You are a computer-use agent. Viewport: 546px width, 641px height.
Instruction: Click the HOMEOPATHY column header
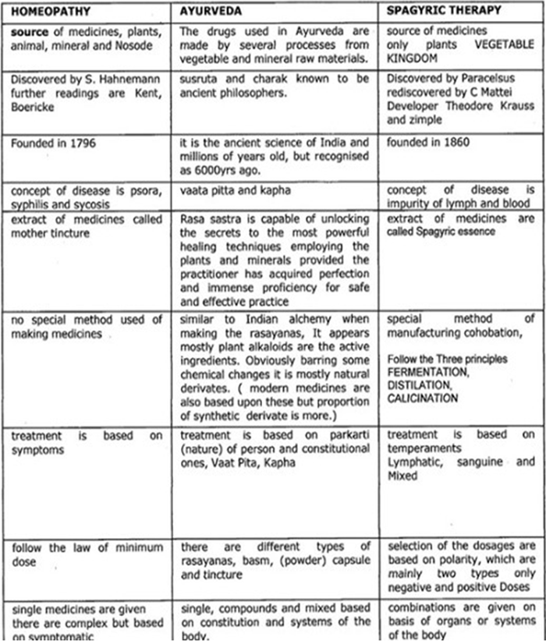point(45,13)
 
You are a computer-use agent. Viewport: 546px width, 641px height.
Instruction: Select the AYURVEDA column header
point(205,13)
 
